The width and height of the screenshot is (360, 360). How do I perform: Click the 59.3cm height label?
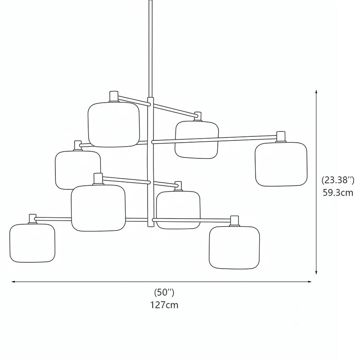338,193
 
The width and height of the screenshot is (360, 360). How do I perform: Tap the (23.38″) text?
338,180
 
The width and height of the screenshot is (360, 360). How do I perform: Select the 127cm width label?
164,305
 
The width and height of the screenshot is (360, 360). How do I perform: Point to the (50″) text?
164,292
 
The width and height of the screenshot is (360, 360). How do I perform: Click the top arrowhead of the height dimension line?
316,91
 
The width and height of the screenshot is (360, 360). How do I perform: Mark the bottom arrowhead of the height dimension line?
316,273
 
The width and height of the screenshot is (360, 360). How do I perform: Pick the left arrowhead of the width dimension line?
13,282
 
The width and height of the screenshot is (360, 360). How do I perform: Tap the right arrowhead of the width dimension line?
310,282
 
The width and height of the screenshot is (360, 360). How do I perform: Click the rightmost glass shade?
281,164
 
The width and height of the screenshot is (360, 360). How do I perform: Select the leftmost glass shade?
32,243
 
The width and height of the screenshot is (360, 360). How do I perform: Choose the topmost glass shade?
114,124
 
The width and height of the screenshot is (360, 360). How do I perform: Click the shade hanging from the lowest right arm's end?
234,247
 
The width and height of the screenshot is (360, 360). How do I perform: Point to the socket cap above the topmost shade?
114,96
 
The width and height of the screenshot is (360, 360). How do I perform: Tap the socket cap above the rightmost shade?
281,137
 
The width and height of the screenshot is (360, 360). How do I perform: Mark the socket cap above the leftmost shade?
32,219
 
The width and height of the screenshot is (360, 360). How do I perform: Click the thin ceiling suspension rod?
151,49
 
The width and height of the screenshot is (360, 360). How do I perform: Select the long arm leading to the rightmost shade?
214,139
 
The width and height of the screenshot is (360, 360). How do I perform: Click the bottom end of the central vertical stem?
151,226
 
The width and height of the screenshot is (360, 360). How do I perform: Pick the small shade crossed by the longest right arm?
197,140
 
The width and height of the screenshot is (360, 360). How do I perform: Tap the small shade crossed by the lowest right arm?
178,210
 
